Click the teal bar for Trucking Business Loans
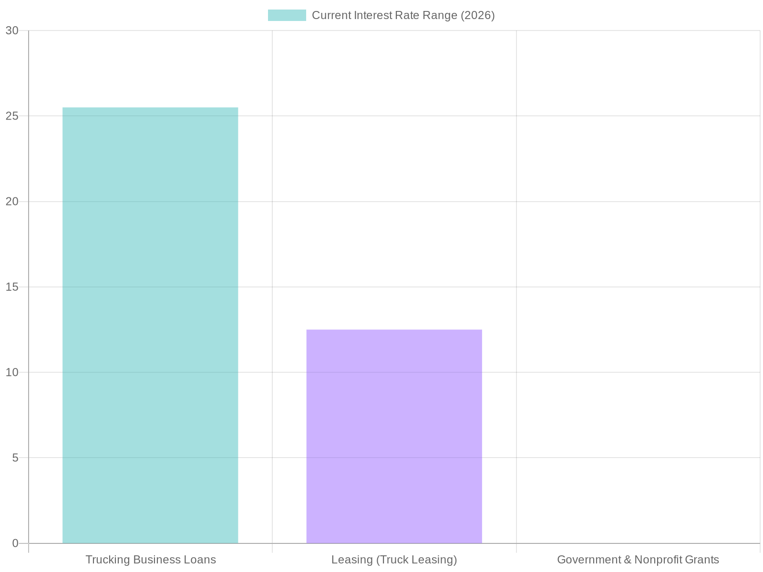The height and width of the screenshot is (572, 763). (x=150, y=324)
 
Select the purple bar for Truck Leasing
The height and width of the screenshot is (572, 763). (x=394, y=436)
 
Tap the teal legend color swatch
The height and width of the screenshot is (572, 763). (x=287, y=15)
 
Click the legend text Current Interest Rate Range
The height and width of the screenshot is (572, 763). (x=403, y=15)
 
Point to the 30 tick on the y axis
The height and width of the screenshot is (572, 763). (x=12, y=31)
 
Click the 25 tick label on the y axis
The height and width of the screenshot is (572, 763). (x=12, y=116)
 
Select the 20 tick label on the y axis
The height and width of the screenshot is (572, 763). (x=12, y=202)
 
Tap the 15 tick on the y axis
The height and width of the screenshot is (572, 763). (x=12, y=287)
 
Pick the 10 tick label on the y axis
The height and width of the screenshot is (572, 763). (x=12, y=372)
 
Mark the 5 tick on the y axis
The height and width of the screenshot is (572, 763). (x=15, y=458)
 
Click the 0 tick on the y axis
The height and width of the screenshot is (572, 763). (x=15, y=543)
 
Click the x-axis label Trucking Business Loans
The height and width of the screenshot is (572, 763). (x=150, y=560)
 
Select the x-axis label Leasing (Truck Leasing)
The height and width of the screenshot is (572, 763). (x=394, y=560)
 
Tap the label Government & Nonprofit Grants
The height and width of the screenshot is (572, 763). (x=638, y=560)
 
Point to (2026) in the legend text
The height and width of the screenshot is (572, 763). (x=477, y=15)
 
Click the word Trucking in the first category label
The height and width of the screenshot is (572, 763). (x=104, y=560)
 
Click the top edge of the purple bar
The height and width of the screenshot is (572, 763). (x=394, y=330)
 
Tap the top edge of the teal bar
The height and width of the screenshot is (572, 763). (x=150, y=108)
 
